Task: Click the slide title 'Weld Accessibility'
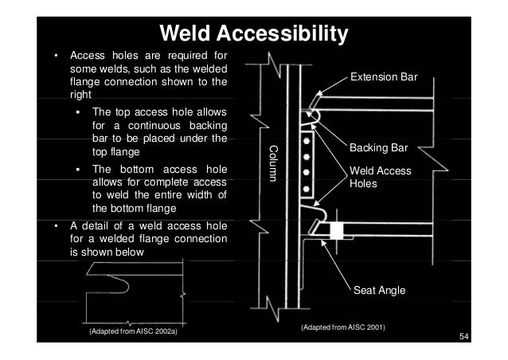(x=254, y=34)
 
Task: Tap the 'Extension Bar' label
(x=383, y=78)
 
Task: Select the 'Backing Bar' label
(x=379, y=148)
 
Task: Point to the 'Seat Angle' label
(x=379, y=292)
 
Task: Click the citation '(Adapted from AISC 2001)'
(x=342, y=327)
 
